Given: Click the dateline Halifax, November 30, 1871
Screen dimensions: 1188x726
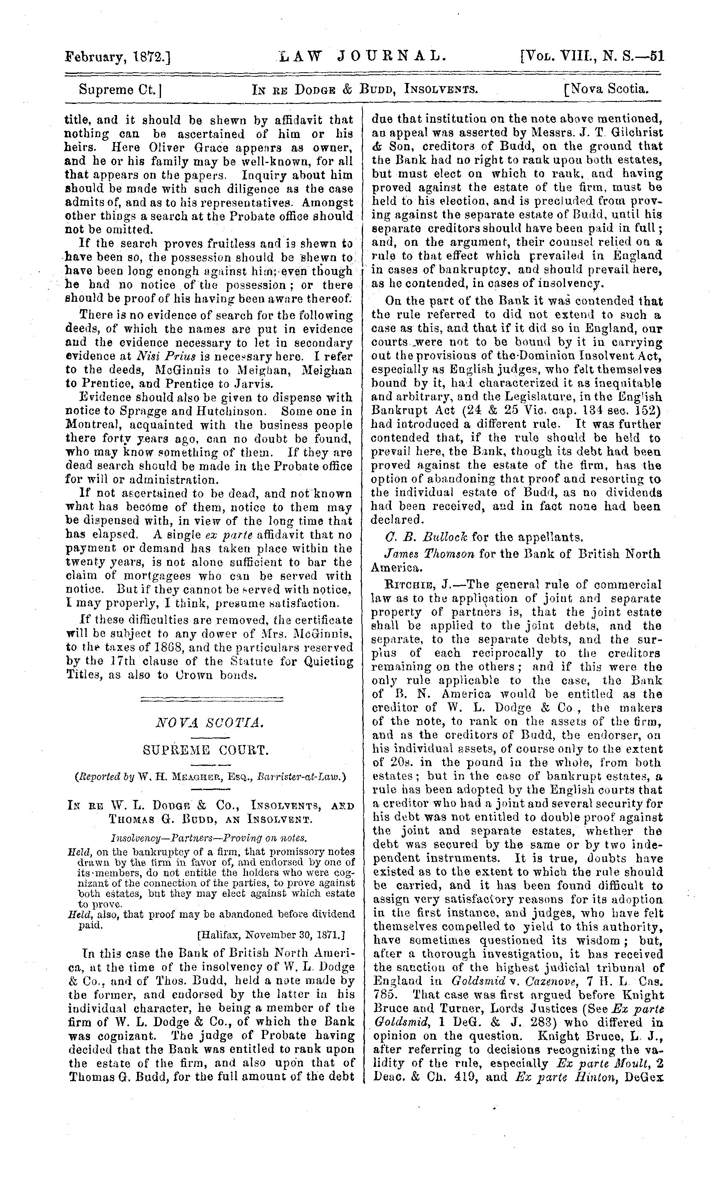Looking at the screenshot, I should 271,935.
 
